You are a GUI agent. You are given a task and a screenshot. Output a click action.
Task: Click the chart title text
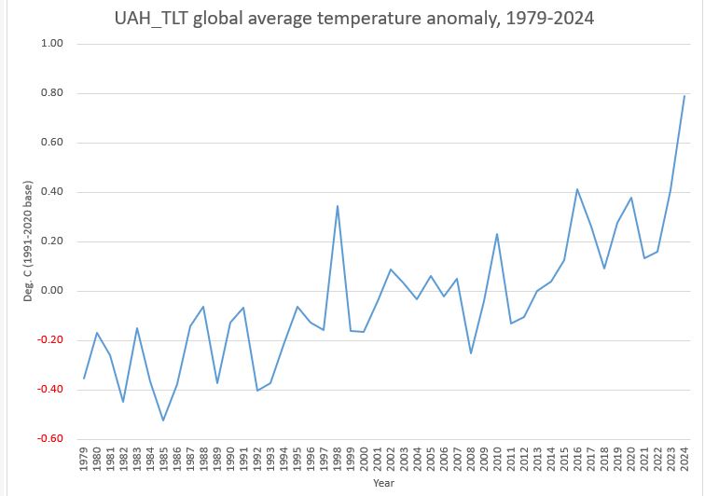coord(353,17)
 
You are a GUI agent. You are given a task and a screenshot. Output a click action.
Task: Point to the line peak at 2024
coord(684,96)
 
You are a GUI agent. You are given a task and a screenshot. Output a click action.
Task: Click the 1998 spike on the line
coord(338,206)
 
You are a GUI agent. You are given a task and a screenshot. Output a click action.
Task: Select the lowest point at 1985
coord(163,420)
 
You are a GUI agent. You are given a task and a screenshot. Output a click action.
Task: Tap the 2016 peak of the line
coord(577,189)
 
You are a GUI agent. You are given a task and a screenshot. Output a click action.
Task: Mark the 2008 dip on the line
coord(471,353)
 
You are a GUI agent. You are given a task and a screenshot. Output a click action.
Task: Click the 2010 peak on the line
coord(497,234)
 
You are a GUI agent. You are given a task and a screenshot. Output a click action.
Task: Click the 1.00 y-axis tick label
coord(51,44)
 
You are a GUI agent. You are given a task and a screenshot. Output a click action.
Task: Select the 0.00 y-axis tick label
coord(51,291)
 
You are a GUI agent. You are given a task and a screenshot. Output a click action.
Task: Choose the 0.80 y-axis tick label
coord(51,93)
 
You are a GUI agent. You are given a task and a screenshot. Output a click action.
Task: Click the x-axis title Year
coord(384,485)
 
